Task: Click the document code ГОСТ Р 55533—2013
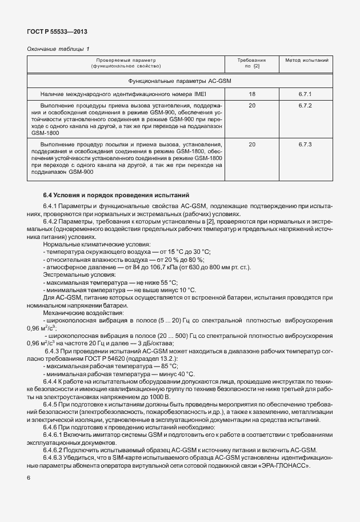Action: (x=57, y=32)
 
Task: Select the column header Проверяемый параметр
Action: (x=126, y=60)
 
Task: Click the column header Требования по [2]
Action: (x=252, y=63)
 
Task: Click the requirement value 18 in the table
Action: (x=252, y=94)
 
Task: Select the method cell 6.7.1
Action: (x=305, y=94)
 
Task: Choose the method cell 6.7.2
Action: (x=305, y=106)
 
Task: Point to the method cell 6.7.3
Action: (x=305, y=144)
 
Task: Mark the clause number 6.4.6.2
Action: (x=55, y=449)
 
